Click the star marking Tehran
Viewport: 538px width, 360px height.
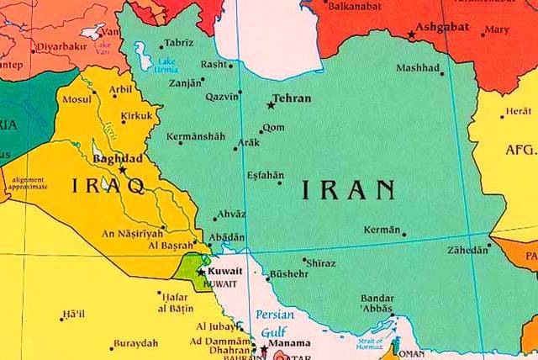coord(271,105)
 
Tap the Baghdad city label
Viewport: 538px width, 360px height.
coord(116,157)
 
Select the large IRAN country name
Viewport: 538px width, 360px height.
coord(348,189)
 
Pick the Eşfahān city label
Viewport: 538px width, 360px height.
coord(266,175)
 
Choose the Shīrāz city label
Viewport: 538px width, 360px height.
coord(322,263)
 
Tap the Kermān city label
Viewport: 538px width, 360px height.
coord(382,229)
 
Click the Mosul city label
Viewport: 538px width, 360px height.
coord(76,98)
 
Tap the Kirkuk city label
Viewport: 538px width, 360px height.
coord(136,114)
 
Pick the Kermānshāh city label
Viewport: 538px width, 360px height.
coord(196,136)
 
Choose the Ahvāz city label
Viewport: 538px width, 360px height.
coord(231,214)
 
